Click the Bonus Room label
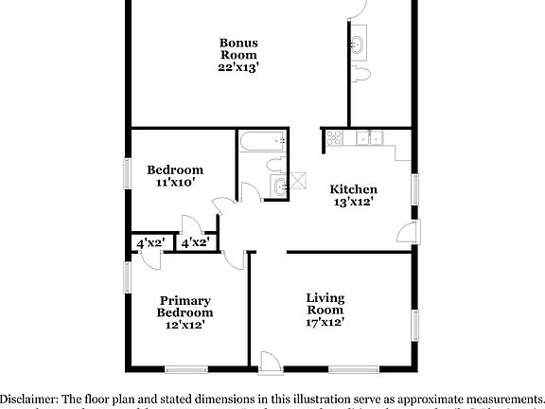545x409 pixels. click(238, 48)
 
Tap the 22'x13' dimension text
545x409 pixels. click(238, 67)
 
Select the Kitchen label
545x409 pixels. click(353, 188)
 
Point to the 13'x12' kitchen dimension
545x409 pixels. click(353, 201)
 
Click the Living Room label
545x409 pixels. click(325, 304)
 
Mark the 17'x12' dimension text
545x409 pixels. click(325, 322)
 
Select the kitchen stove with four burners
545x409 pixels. click(333, 140)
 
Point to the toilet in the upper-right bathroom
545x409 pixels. click(360, 76)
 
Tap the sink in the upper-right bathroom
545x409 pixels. click(360, 44)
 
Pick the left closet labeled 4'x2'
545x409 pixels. click(150, 242)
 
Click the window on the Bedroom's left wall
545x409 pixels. click(127, 173)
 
